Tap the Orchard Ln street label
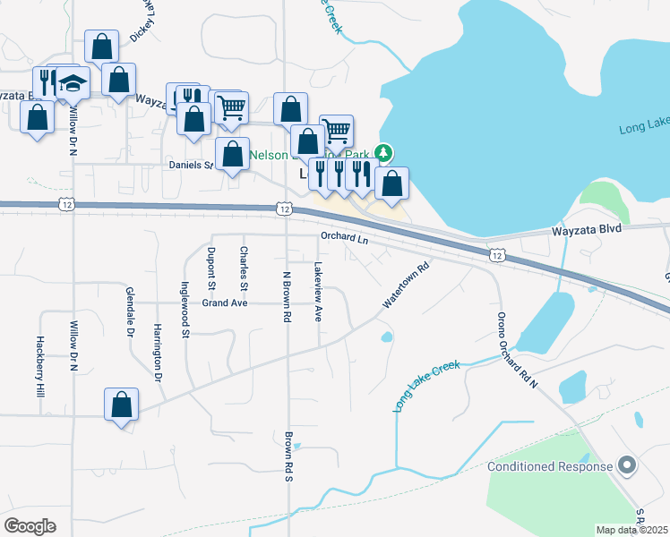point(345,238)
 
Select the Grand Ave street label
point(224,303)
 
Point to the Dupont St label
point(212,268)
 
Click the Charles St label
point(244,268)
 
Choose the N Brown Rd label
point(287,296)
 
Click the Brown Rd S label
point(289,457)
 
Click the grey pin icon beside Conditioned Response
point(626,465)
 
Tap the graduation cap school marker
point(73,82)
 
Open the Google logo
point(30,526)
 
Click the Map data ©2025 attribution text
point(631,530)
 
